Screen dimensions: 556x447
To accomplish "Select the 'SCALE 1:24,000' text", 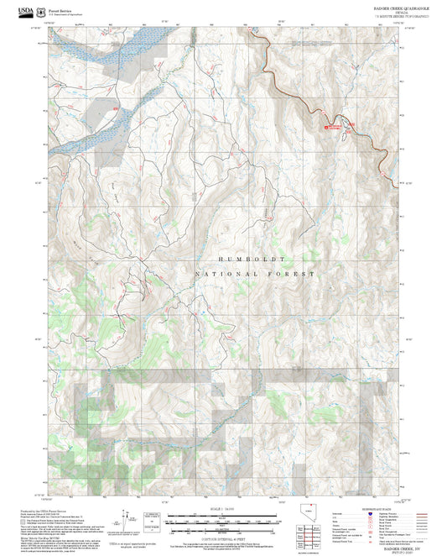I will (x=223, y=510).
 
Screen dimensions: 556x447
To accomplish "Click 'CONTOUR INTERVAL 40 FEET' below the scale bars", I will (x=223, y=540).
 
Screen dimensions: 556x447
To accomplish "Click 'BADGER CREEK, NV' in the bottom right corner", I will (x=392, y=547).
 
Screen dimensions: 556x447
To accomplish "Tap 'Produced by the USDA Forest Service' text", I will (x=46, y=511).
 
